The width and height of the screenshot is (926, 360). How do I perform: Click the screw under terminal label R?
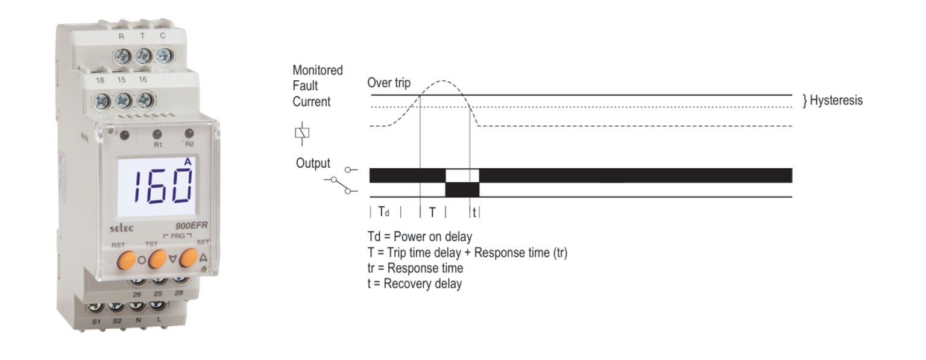point(122,57)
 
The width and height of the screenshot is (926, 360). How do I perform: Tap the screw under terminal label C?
point(163,56)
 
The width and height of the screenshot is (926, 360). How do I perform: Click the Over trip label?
point(389,83)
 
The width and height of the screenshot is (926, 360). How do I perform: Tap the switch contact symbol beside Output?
point(339,181)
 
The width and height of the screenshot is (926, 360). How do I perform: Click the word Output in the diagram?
point(313,163)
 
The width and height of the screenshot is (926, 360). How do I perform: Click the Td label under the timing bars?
point(383,212)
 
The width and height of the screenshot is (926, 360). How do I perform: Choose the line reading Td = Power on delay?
point(420,236)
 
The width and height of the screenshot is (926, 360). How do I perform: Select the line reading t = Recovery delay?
point(414,283)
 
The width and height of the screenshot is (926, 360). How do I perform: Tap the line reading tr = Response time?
point(415,268)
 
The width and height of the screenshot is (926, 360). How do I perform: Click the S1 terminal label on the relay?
point(95,323)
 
